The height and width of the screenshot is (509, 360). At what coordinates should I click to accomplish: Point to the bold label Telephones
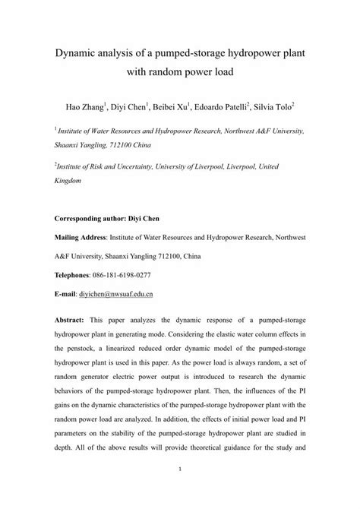coord(76,275)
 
